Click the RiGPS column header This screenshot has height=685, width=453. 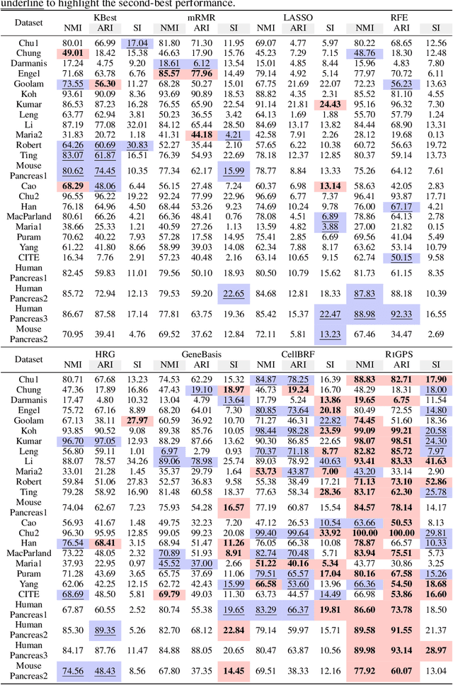pyautogui.click(x=400, y=354)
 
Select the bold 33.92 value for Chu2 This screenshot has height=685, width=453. pyautogui.click(x=330, y=533)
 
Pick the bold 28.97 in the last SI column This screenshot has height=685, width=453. pyautogui.click(x=436, y=651)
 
